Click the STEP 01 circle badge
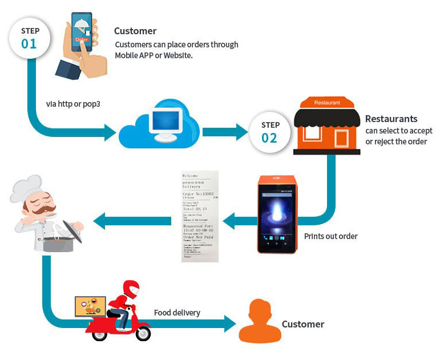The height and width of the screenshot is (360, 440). point(29,37)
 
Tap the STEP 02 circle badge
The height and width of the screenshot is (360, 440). point(270,132)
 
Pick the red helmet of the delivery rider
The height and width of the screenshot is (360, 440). point(131,289)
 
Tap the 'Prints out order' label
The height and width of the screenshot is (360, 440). point(330,236)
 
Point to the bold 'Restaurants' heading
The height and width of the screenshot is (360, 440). point(391,119)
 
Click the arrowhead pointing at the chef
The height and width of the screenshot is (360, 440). point(100,220)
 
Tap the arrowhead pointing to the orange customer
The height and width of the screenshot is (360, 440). point(229,323)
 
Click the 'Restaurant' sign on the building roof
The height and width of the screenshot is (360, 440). point(327,103)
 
